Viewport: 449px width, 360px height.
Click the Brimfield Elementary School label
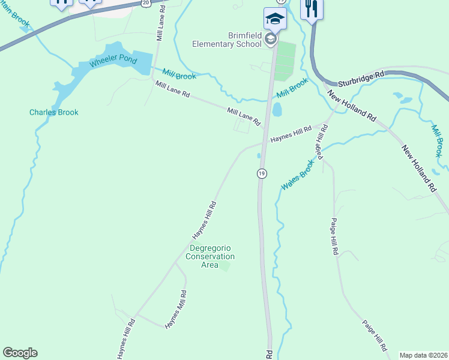click(227, 40)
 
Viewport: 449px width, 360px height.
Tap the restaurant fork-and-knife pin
click(312, 8)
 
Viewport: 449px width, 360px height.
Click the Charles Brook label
click(54, 112)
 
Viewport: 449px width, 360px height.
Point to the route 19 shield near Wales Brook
click(261, 173)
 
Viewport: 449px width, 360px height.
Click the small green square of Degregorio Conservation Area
click(224, 265)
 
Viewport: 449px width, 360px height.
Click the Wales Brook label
click(298, 175)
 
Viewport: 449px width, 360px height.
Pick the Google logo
click(20, 353)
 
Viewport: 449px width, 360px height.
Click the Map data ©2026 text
click(423, 355)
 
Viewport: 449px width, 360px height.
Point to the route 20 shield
click(146, 3)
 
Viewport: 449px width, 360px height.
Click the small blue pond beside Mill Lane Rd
click(277, 110)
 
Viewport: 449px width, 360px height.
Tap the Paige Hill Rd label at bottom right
click(375, 335)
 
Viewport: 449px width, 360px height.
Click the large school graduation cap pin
click(275, 18)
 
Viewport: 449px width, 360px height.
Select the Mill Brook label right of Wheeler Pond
click(179, 76)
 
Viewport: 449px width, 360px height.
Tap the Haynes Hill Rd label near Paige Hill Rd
click(291, 134)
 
